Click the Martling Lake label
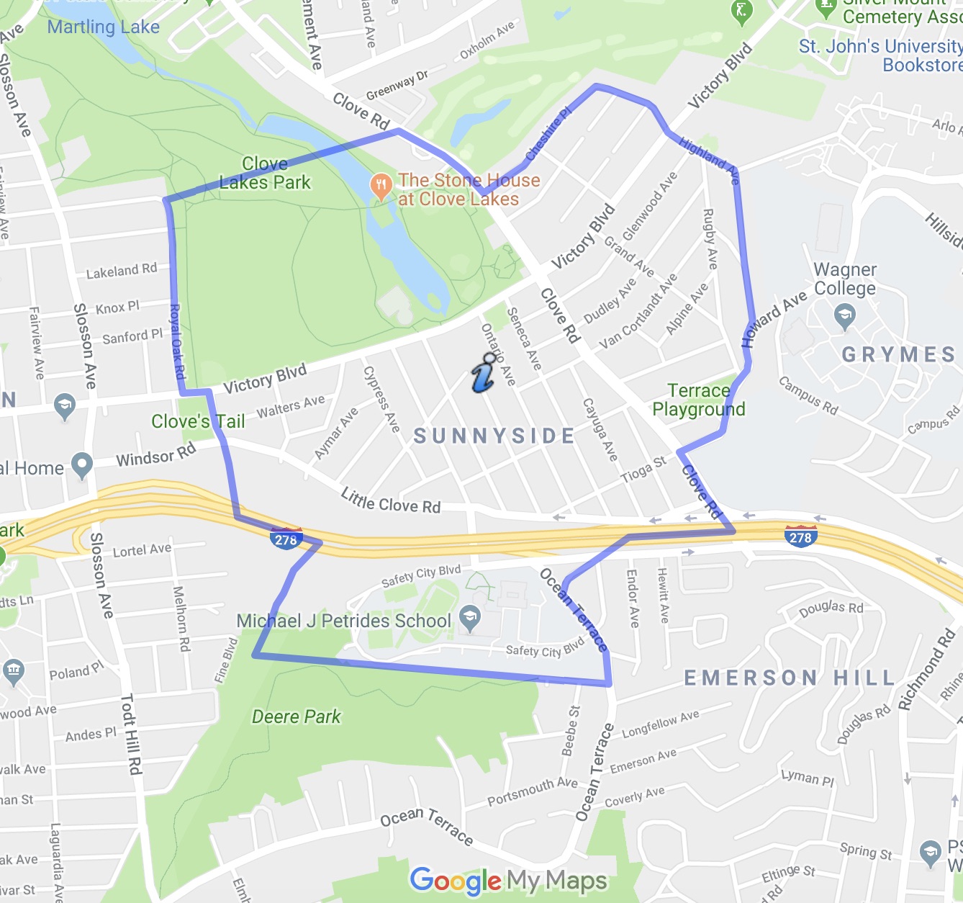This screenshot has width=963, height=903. (103, 27)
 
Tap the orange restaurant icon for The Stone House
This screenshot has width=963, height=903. (380, 186)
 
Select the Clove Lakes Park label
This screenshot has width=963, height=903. (265, 174)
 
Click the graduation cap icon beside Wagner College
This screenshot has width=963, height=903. (844, 315)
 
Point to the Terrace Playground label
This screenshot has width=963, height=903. (698, 400)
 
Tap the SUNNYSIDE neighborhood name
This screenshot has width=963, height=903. (494, 436)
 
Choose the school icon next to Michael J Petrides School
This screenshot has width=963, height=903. (470, 618)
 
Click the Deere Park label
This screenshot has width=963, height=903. (296, 716)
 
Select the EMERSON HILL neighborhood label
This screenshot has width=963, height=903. (790, 678)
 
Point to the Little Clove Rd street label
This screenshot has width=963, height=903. (390, 500)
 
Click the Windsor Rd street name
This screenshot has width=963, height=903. (155, 455)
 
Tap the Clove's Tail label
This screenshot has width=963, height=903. (198, 421)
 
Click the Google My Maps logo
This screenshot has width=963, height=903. (508, 880)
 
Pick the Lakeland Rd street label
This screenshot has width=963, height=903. (121, 271)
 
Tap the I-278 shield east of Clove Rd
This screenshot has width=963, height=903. (800, 536)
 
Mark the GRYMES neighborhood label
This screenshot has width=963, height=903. (898, 354)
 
